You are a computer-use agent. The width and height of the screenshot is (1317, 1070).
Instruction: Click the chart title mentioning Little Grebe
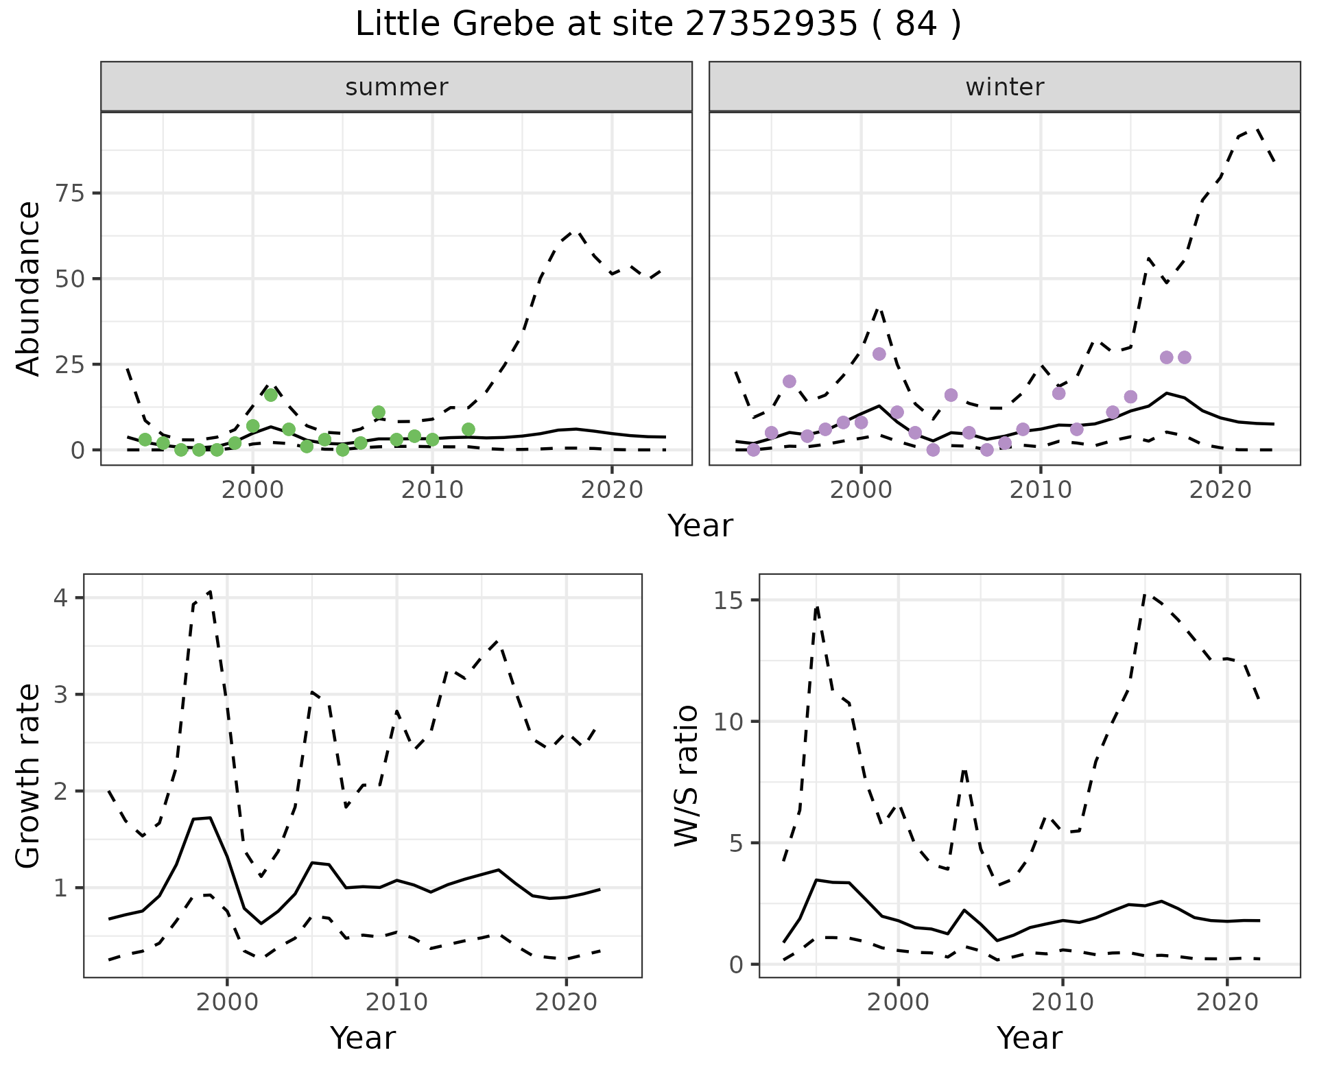(658, 25)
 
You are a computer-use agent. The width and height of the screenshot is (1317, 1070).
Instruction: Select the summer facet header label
(396, 87)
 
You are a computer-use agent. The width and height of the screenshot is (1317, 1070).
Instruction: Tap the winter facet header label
(1004, 87)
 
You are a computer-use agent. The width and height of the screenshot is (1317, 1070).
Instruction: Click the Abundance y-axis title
(29, 288)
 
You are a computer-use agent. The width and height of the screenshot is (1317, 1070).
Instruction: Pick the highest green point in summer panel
(271, 395)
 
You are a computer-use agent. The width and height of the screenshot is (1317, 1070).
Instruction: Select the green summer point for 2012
(468, 429)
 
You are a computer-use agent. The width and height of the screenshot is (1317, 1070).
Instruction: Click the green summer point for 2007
(379, 412)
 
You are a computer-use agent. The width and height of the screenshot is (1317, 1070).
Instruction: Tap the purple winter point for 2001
(879, 354)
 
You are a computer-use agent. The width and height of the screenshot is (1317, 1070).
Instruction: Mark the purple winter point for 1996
(790, 381)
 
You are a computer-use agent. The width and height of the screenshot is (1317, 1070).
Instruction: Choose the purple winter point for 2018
(1185, 357)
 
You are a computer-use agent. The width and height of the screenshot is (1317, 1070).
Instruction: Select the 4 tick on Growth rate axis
(61, 598)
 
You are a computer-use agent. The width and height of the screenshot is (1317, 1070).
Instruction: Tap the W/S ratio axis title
(686, 775)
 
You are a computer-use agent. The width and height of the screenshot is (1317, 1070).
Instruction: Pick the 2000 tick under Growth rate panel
(227, 1002)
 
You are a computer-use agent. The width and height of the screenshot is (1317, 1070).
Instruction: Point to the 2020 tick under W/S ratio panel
(1227, 1002)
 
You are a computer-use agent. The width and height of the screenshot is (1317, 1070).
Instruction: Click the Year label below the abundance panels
(700, 526)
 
